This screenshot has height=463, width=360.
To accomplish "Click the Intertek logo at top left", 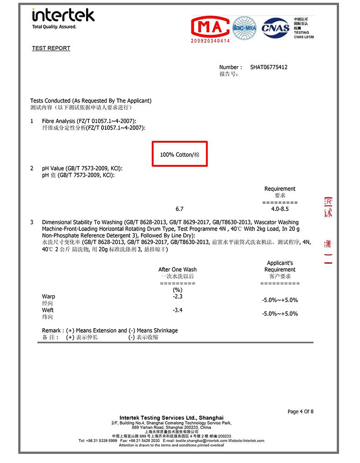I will (63, 15).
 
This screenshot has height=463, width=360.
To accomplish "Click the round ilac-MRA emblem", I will (245, 28).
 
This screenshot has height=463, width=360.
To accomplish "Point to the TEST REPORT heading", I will (51, 48).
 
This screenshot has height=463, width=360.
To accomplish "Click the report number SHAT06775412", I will (269, 67).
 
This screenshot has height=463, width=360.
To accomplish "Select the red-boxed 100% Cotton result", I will (180, 155).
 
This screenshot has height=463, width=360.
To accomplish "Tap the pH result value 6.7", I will (180, 209).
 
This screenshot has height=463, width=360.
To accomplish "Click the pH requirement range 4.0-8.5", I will (280, 209).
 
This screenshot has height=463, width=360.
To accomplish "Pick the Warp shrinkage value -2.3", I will (178, 297).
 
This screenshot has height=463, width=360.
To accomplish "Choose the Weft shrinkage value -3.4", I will (178, 310).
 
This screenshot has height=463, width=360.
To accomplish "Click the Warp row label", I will (48, 297).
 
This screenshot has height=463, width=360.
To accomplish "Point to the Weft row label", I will (48, 310).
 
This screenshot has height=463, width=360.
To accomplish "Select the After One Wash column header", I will (177, 270).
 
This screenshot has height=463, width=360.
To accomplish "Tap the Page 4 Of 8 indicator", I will (300, 412).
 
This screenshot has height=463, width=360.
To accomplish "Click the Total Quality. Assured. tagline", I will (54, 27).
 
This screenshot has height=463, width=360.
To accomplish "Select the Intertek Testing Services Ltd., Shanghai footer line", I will (171, 417).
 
